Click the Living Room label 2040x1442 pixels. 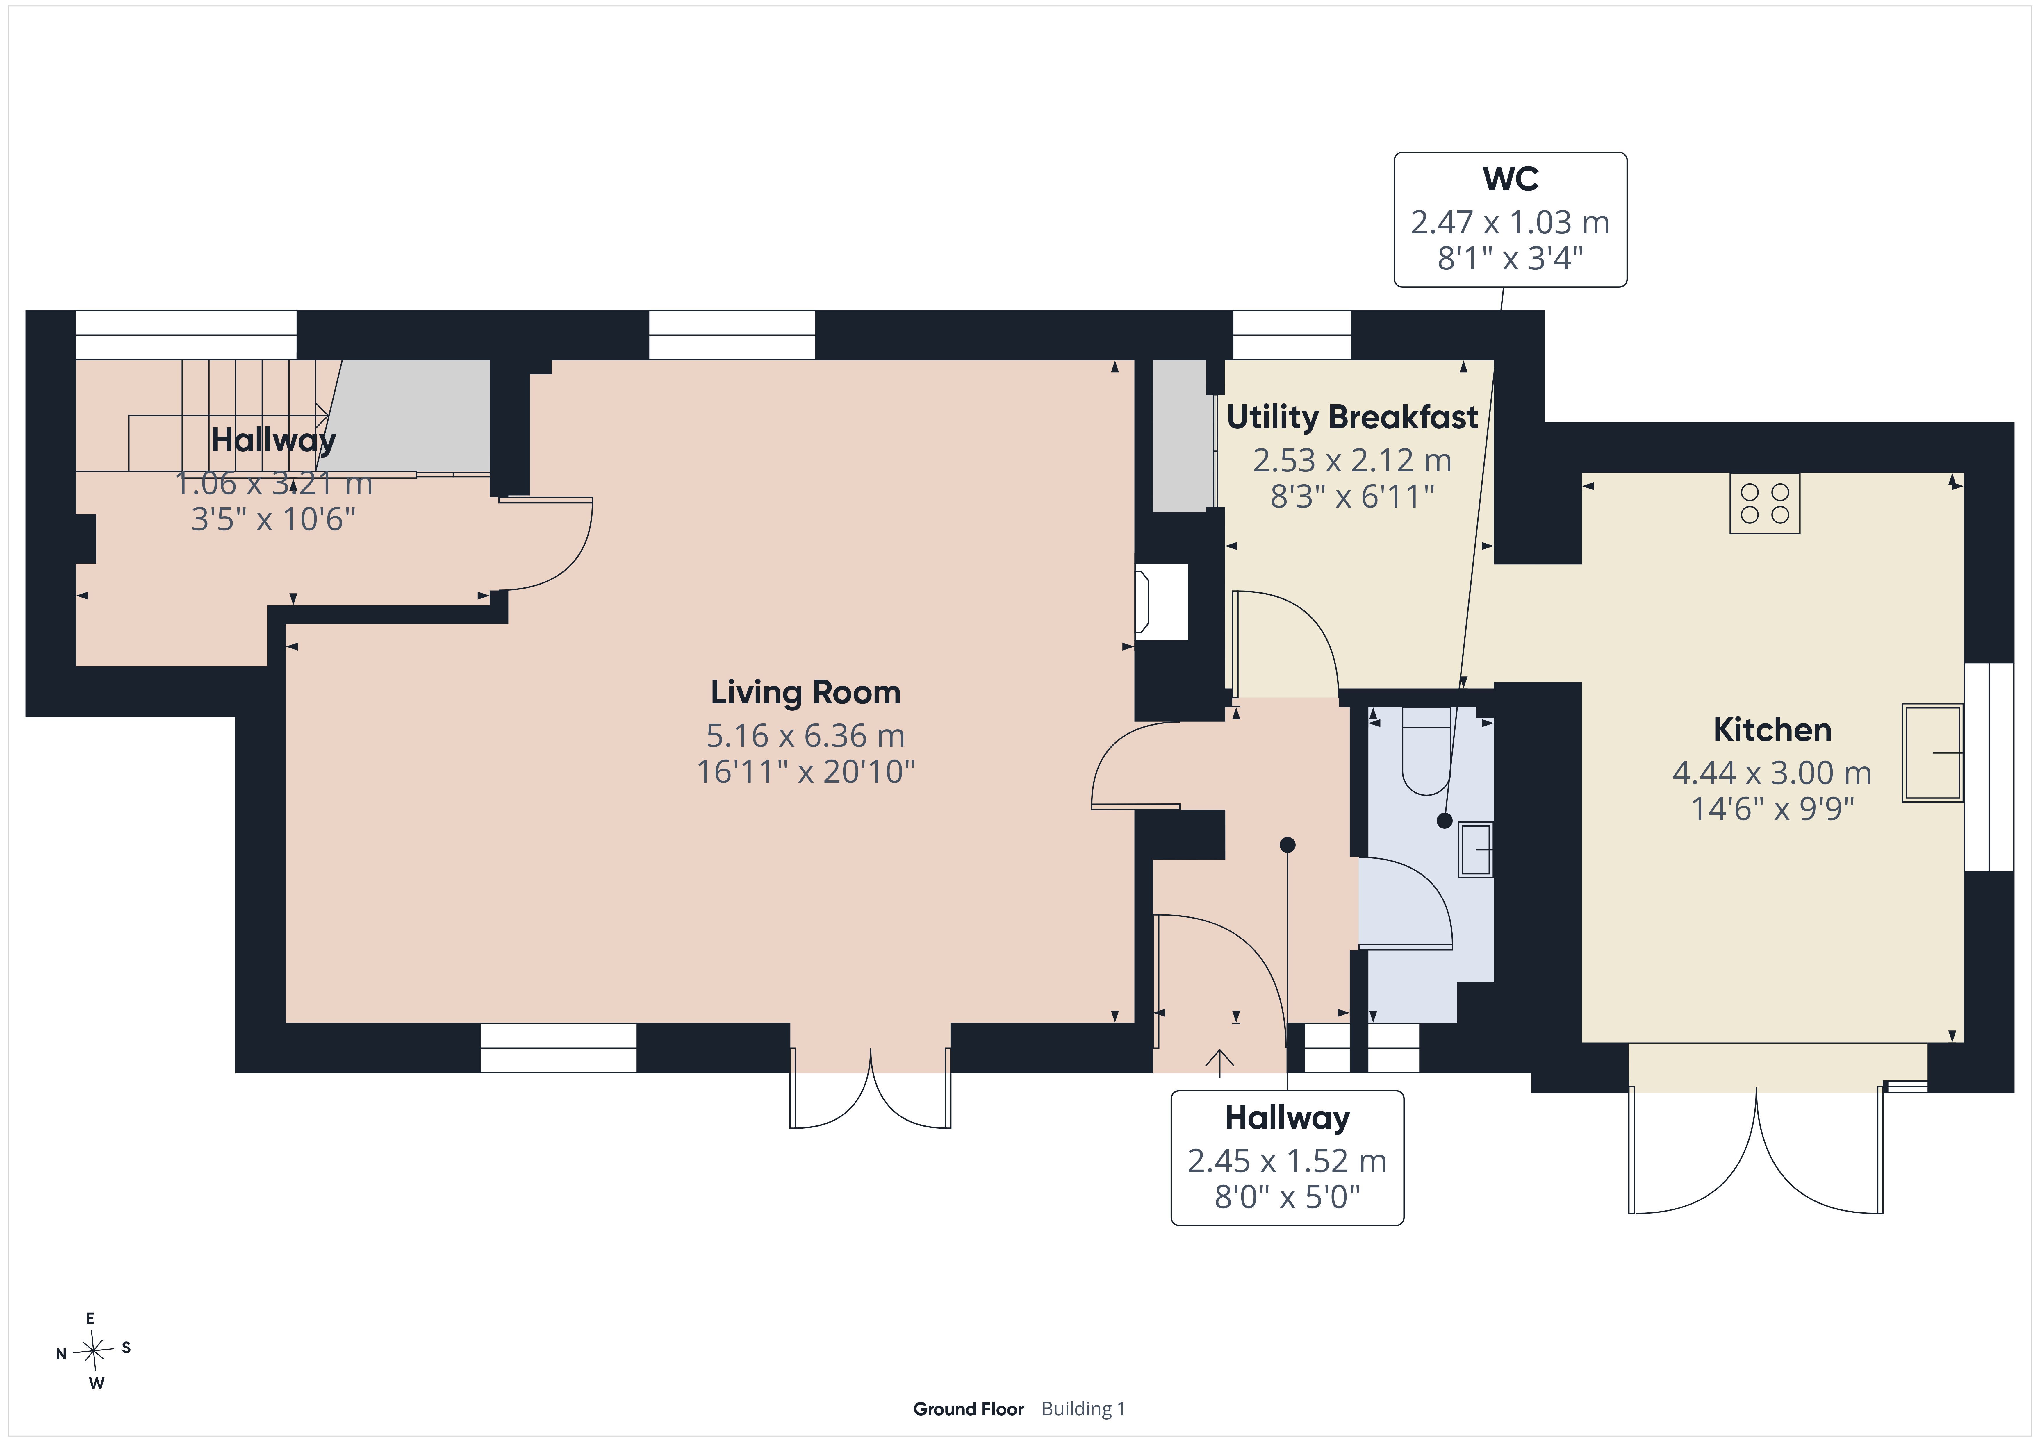805,692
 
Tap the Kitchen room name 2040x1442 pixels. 1772,730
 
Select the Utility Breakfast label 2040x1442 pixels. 1351,417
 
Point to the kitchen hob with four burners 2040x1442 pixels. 1765,503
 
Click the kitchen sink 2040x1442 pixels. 1932,753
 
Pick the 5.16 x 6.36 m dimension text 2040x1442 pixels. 805,736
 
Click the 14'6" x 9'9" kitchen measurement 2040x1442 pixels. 1772,809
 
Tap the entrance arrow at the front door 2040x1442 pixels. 1219,1063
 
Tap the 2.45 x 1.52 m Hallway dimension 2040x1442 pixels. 1287,1160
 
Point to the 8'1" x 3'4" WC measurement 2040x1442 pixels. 1511,258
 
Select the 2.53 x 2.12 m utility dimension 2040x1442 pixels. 1351,460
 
